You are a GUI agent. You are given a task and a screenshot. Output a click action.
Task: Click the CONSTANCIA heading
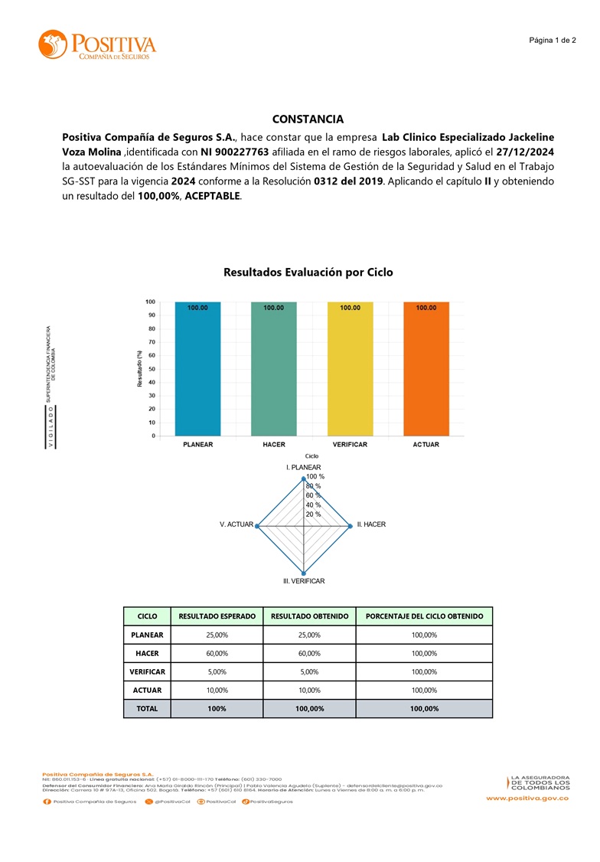click(308, 119)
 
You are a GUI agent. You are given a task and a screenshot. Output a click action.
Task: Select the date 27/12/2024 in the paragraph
click(525, 152)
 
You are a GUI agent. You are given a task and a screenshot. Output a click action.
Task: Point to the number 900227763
click(240, 152)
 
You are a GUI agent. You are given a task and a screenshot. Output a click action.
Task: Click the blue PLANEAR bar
click(197, 369)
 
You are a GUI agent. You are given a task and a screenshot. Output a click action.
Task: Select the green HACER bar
click(274, 369)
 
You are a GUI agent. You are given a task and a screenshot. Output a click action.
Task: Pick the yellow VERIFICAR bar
click(351, 369)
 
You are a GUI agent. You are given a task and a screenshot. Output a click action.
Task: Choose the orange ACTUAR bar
click(426, 369)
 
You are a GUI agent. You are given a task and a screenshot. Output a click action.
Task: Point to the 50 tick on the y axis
click(151, 369)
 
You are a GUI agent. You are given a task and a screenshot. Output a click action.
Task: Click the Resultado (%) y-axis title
click(140, 368)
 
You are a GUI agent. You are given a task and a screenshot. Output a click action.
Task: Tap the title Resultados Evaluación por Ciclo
click(308, 272)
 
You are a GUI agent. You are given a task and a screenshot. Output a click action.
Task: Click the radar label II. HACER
click(372, 524)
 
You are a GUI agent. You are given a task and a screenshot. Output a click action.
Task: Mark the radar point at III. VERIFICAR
click(304, 573)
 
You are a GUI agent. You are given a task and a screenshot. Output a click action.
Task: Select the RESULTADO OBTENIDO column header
click(309, 615)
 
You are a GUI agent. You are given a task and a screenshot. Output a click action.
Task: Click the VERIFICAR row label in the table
click(147, 671)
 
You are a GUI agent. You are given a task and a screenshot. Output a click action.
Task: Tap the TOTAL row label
click(147, 708)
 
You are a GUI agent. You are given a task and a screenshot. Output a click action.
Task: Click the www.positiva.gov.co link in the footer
click(527, 798)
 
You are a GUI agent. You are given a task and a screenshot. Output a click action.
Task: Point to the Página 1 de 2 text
click(553, 40)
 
